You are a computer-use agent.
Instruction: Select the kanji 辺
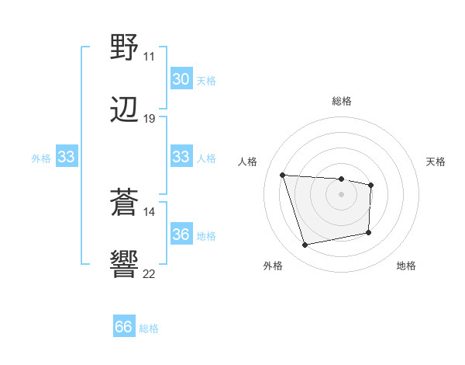[x=125, y=110]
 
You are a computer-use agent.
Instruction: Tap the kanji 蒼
[x=125, y=203]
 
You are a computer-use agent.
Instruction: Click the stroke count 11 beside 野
[x=149, y=57]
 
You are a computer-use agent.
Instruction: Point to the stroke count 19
[x=149, y=119]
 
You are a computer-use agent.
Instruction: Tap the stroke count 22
[x=149, y=274]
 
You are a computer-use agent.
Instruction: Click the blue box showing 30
[x=181, y=79]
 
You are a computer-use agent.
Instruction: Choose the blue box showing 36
[x=181, y=235]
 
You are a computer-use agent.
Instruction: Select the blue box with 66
[x=123, y=328]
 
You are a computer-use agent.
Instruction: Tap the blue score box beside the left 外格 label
[x=66, y=157]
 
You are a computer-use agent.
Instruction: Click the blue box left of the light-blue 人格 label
[x=181, y=157]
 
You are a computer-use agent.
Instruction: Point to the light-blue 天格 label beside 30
[x=205, y=80]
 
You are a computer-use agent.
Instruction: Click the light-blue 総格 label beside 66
[x=149, y=328]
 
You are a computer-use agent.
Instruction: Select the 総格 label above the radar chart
[x=341, y=101]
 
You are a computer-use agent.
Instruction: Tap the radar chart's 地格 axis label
[x=406, y=266]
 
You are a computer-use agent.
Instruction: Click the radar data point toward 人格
[x=283, y=175]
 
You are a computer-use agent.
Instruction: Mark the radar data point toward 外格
[x=305, y=245]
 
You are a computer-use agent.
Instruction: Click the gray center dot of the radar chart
[x=341, y=194]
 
